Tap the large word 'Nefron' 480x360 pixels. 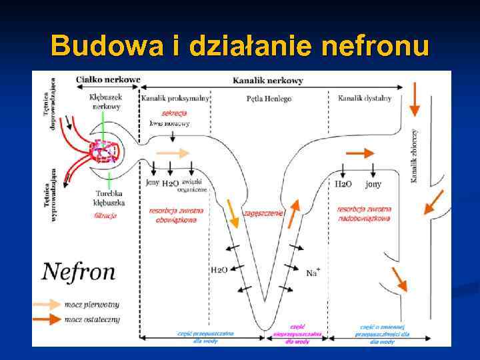pos(79,271)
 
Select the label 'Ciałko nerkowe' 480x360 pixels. pos(107,79)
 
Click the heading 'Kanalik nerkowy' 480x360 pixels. pos(267,81)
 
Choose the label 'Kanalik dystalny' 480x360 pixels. pos(364,99)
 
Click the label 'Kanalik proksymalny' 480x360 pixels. pos(174,99)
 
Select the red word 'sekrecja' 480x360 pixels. pos(174,113)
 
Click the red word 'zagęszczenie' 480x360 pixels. pos(263,213)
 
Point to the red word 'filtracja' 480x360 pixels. pos(105,215)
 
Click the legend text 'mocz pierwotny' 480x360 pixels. pos(91,305)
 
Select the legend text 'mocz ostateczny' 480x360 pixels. pos(92,319)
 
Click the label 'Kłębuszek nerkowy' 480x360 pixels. pos(106,101)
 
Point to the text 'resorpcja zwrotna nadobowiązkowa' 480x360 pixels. pos(364,213)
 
